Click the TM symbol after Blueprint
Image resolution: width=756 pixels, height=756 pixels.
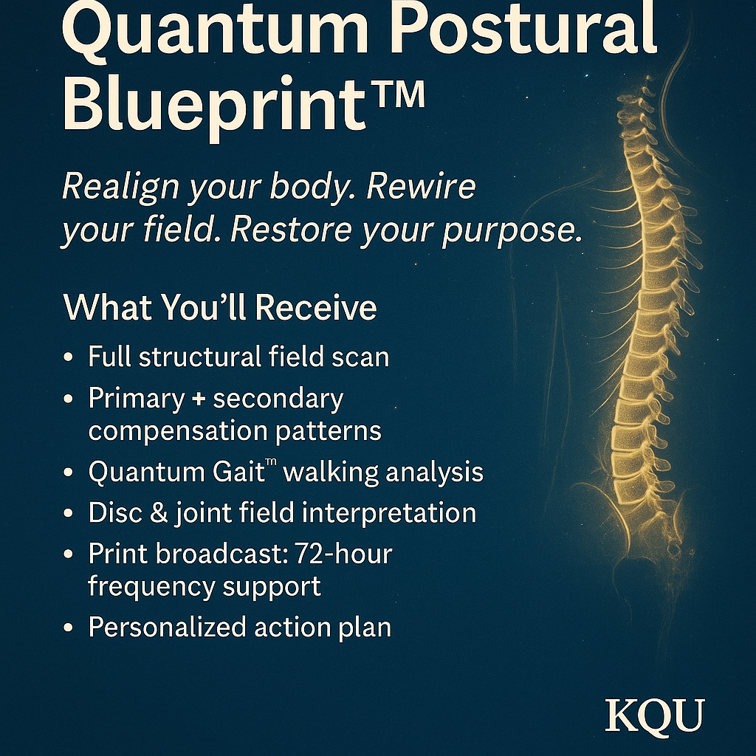tap(399, 96)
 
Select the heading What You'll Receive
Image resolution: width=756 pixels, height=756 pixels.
tap(220, 308)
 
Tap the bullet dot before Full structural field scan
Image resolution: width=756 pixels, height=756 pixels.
tap(69, 357)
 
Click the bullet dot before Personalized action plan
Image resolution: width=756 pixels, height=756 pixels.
tap(69, 628)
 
